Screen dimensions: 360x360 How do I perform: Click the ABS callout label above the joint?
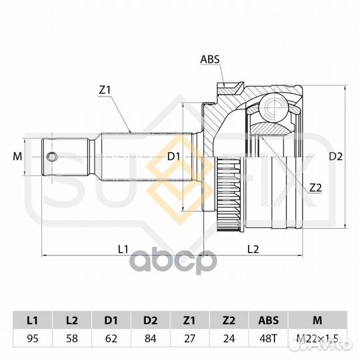(x=210, y=59)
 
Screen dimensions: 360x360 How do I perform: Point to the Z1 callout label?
(x=105, y=90)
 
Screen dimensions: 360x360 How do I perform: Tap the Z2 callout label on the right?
(x=315, y=188)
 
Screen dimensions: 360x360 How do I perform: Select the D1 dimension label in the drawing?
(x=173, y=157)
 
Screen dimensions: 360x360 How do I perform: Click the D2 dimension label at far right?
(x=335, y=157)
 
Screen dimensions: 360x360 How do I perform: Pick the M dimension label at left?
(x=17, y=157)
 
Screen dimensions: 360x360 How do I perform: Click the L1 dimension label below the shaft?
(x=123, y=249)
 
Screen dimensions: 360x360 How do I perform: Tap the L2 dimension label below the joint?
(x=253, y=249)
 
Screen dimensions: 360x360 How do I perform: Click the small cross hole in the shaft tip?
(x=51, y=157)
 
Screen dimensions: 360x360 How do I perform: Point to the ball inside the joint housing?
(x=273, y=107)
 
